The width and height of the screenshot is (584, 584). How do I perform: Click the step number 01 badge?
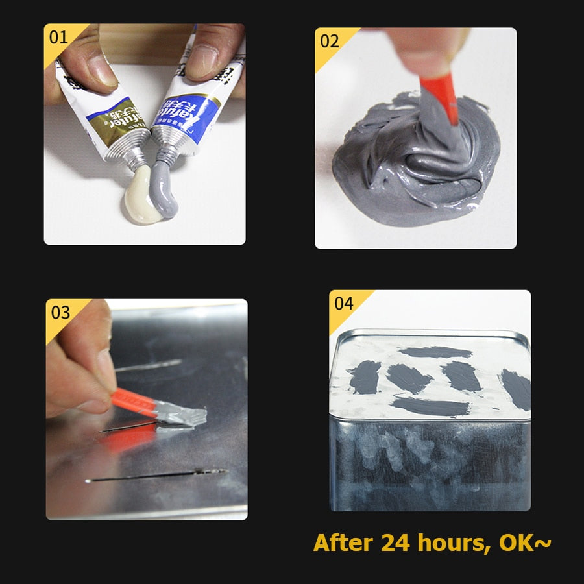58,37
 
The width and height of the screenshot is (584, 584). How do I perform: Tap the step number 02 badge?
330,42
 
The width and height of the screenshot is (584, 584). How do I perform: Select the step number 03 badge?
60,313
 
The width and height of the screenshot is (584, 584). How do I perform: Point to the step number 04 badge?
344,304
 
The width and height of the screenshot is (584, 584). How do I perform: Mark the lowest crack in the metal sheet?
156,476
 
